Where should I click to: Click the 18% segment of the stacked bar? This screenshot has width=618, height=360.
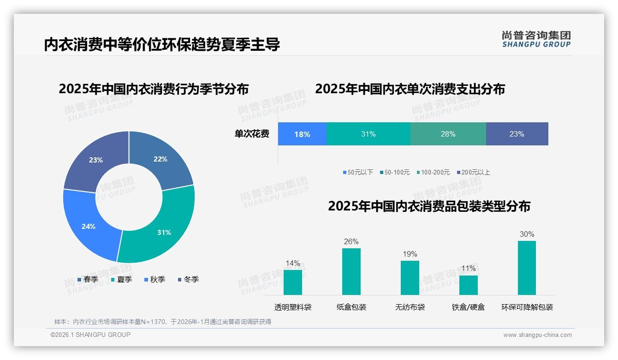302,134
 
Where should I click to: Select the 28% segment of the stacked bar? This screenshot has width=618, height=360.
448,134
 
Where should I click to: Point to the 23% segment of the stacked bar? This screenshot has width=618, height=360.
517,134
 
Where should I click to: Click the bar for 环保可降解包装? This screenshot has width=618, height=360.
527,268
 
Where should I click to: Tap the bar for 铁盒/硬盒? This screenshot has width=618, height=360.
468,285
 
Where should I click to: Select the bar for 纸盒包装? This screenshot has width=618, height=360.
351,271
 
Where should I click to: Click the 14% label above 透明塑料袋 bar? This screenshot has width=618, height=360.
292,264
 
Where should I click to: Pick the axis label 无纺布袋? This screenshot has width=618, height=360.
410,307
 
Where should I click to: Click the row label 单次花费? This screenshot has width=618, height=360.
252,134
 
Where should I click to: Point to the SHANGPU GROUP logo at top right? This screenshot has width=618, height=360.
536,39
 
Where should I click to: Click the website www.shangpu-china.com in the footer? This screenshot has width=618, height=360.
537,335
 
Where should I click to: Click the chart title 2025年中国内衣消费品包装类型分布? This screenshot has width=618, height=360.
429,206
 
